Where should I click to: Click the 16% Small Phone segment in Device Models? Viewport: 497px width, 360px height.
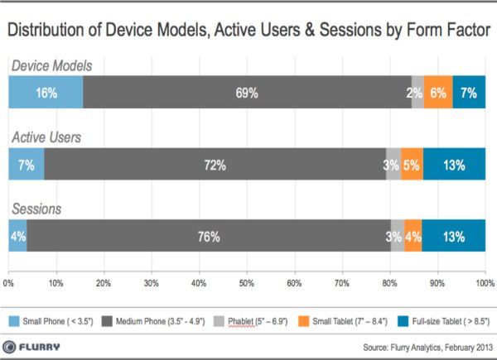point(46,93)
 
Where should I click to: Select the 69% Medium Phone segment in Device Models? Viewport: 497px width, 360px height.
point(247,93)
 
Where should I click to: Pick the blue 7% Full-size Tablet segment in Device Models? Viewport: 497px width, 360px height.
point(469,93)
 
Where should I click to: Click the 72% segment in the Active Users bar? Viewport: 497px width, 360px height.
point(215,165)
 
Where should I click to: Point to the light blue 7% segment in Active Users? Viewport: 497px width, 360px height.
point(26,165)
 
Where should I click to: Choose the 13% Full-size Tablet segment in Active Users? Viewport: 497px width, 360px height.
point(454,165)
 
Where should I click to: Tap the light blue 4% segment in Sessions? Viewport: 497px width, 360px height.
point(17,236)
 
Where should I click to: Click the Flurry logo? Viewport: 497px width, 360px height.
point(37,345)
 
